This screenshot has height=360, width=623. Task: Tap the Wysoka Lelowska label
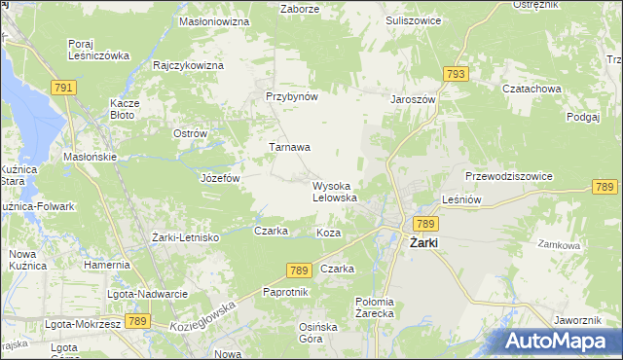pos(335,192)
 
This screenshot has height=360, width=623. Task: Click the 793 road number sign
pos(455,74)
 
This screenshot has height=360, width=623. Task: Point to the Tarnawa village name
pos(290,148)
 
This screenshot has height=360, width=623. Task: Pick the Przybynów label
pos(292,97)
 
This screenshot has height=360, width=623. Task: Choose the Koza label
pos(328,234)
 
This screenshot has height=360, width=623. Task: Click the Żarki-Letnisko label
pos(186,237)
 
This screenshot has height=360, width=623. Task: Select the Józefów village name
pos(219,179)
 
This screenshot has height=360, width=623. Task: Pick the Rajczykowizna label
pos(189,65)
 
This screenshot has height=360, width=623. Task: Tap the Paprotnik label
pos(286,292)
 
